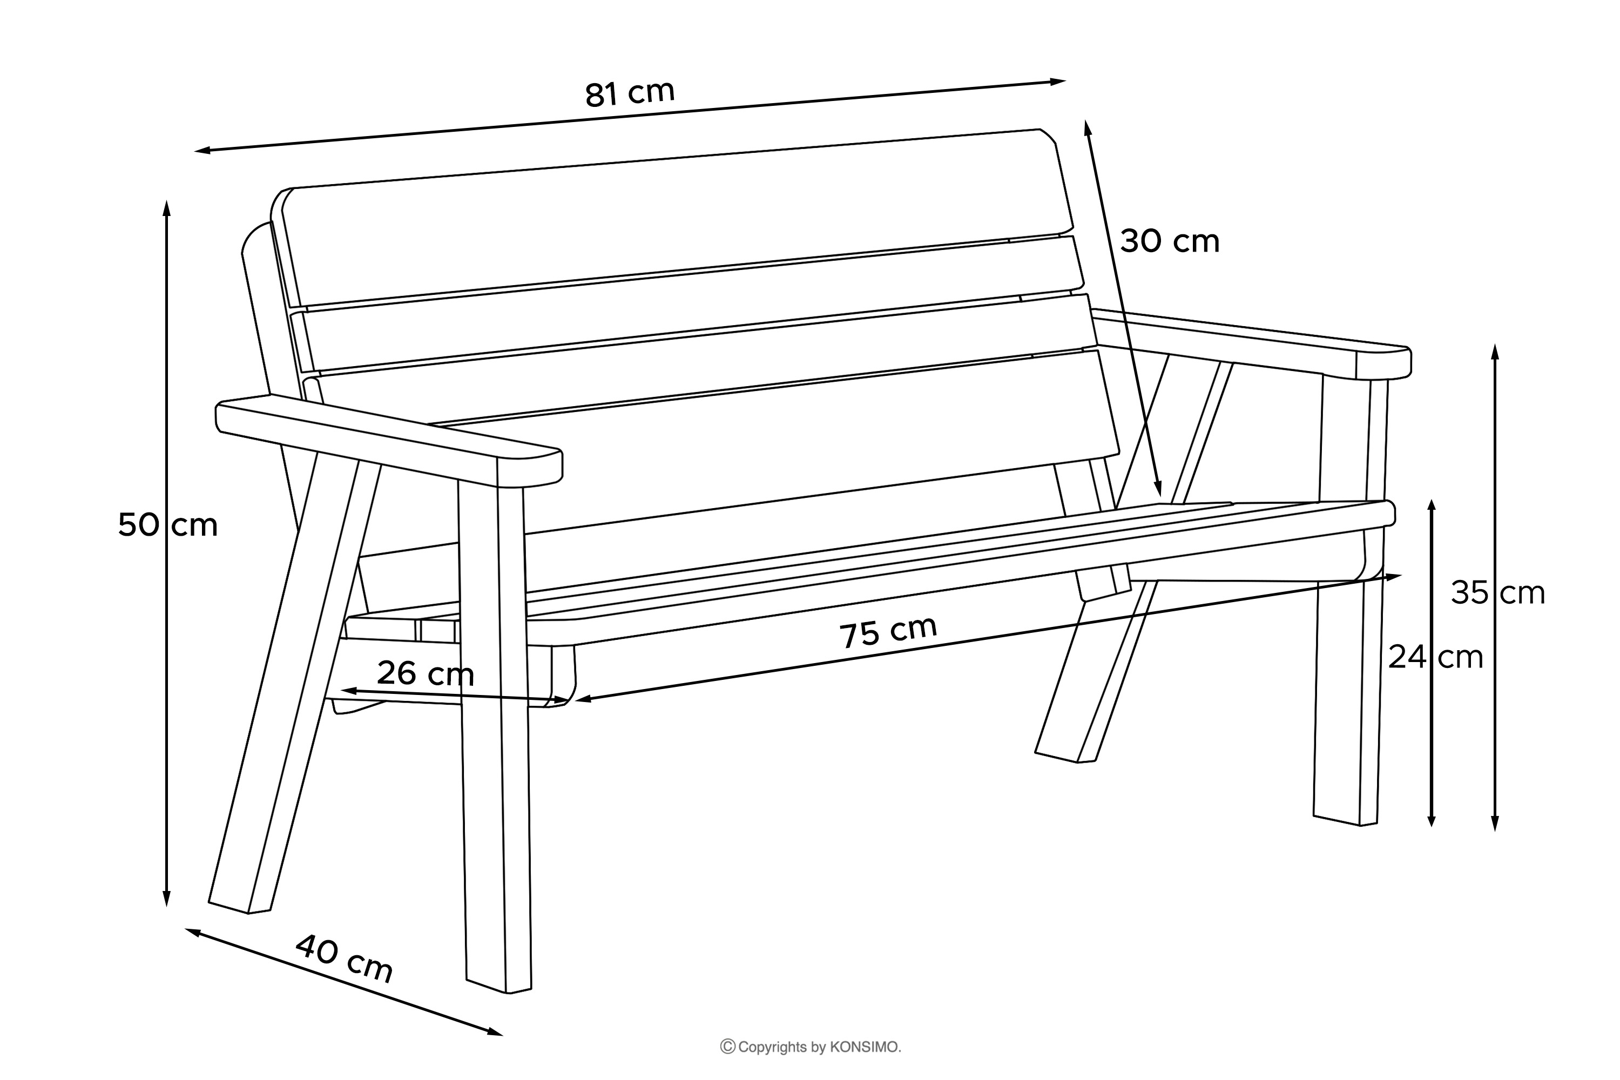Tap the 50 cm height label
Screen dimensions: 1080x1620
click(x=167, y=525)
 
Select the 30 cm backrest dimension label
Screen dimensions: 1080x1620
click(x=1170, y=241)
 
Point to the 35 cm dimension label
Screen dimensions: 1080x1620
click(x=1498, y=593)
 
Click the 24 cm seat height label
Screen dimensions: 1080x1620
click(x=1435, y=657)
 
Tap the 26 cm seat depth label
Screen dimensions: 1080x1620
click(x=426, y=673)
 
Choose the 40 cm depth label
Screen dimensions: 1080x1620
click(x=345, y=958)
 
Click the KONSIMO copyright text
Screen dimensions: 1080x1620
click(x=819, y=1047)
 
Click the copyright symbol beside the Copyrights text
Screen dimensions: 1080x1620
click(x=727, y=1047)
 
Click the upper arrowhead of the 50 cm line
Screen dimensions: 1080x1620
click(x=166, y=205)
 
